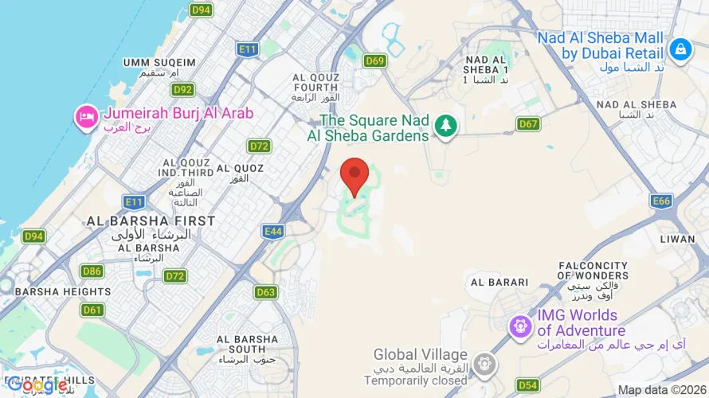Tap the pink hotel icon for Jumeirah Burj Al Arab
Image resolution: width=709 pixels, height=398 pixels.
click(85, 118)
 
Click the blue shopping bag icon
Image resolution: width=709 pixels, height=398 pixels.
click(680, 49)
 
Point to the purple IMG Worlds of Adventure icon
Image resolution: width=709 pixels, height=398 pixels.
click(521, 325)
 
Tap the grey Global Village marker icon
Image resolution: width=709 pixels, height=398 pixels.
click(483, 365)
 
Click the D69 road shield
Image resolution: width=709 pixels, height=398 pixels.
click(374, 60)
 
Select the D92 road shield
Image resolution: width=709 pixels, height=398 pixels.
click(183, 90)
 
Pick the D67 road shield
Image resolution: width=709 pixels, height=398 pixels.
click(528, 123)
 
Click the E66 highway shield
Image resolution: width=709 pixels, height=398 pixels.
click(661, 201)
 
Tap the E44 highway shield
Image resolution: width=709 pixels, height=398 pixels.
click(273, 232)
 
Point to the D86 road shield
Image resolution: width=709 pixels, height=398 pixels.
click(92, 271)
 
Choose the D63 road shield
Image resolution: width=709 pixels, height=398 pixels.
click(266, 292)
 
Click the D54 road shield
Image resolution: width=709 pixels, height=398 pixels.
click(528, 385)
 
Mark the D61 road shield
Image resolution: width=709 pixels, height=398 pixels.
click(92, 310)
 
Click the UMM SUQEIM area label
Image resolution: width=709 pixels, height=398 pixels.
click(159, 62)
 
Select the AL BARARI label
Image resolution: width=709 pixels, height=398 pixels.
click(499, 282)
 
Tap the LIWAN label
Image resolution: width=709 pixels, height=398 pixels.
click(678, 238)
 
